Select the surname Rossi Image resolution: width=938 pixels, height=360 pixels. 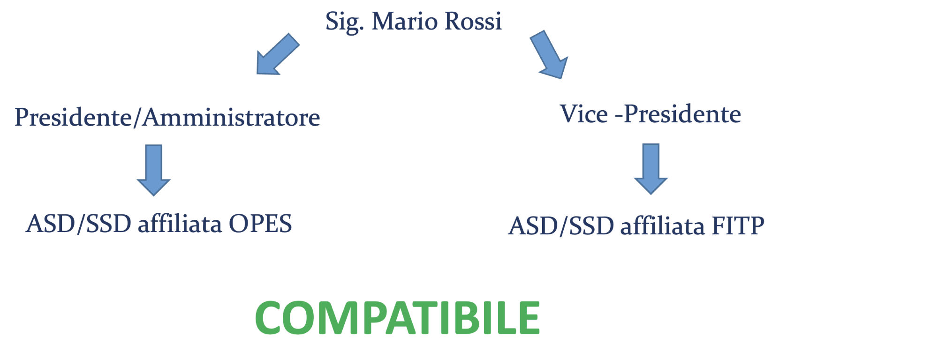473,21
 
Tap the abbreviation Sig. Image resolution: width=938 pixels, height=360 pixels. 345,22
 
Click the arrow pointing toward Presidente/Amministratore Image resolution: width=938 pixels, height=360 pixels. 278,54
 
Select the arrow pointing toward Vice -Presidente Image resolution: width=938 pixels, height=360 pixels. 549,54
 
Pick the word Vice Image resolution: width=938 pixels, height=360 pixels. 584,114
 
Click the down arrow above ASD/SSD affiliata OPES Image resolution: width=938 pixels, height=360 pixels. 153,170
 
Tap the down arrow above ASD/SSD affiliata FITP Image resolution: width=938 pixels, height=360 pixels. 651,169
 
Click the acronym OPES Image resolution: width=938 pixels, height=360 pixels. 260,224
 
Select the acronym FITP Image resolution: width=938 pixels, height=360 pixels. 738,226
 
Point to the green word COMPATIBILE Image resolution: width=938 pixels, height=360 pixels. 398,318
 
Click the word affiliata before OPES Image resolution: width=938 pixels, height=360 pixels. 180,223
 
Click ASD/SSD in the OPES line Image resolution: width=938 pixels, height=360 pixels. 79,224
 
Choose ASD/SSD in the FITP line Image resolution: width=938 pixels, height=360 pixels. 561,226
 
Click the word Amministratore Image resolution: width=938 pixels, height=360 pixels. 231,117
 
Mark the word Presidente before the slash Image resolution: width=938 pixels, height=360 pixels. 74,117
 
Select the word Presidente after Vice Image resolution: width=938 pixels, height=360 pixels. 682,114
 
